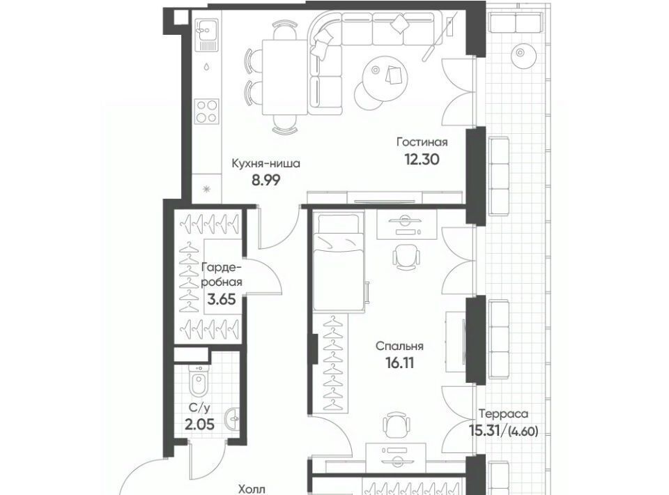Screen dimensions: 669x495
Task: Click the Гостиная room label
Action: click(x=422, y=142)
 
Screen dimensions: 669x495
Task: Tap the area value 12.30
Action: click(x=422, y=160)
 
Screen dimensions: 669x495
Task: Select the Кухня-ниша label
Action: click(x=266, y=163)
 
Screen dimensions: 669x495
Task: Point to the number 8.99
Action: click(x=266, y=181)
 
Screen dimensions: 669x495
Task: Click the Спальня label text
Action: click(x=399, y=346)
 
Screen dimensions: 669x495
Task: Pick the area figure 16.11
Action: click(x=399, y=363)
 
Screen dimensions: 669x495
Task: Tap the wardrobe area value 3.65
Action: click(x=222, y=299)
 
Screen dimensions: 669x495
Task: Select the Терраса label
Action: click(x=503, y=414)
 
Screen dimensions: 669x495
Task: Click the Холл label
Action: click(x=252, y=489)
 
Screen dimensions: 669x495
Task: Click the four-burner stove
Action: click(x=207, y=112)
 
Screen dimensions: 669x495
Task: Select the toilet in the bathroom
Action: click(x=198, y=380)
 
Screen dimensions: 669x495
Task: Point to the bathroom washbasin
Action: click(x=233, y=419)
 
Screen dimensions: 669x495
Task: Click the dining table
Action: click(x=284, y=77)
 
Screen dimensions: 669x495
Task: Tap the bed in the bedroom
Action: click(x=338, y=262)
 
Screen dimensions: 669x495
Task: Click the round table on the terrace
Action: click(x=520, y=54)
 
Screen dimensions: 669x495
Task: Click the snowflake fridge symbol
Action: click(x=207, y=189)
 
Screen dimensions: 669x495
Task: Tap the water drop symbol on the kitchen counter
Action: click(x=206, y=66)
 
